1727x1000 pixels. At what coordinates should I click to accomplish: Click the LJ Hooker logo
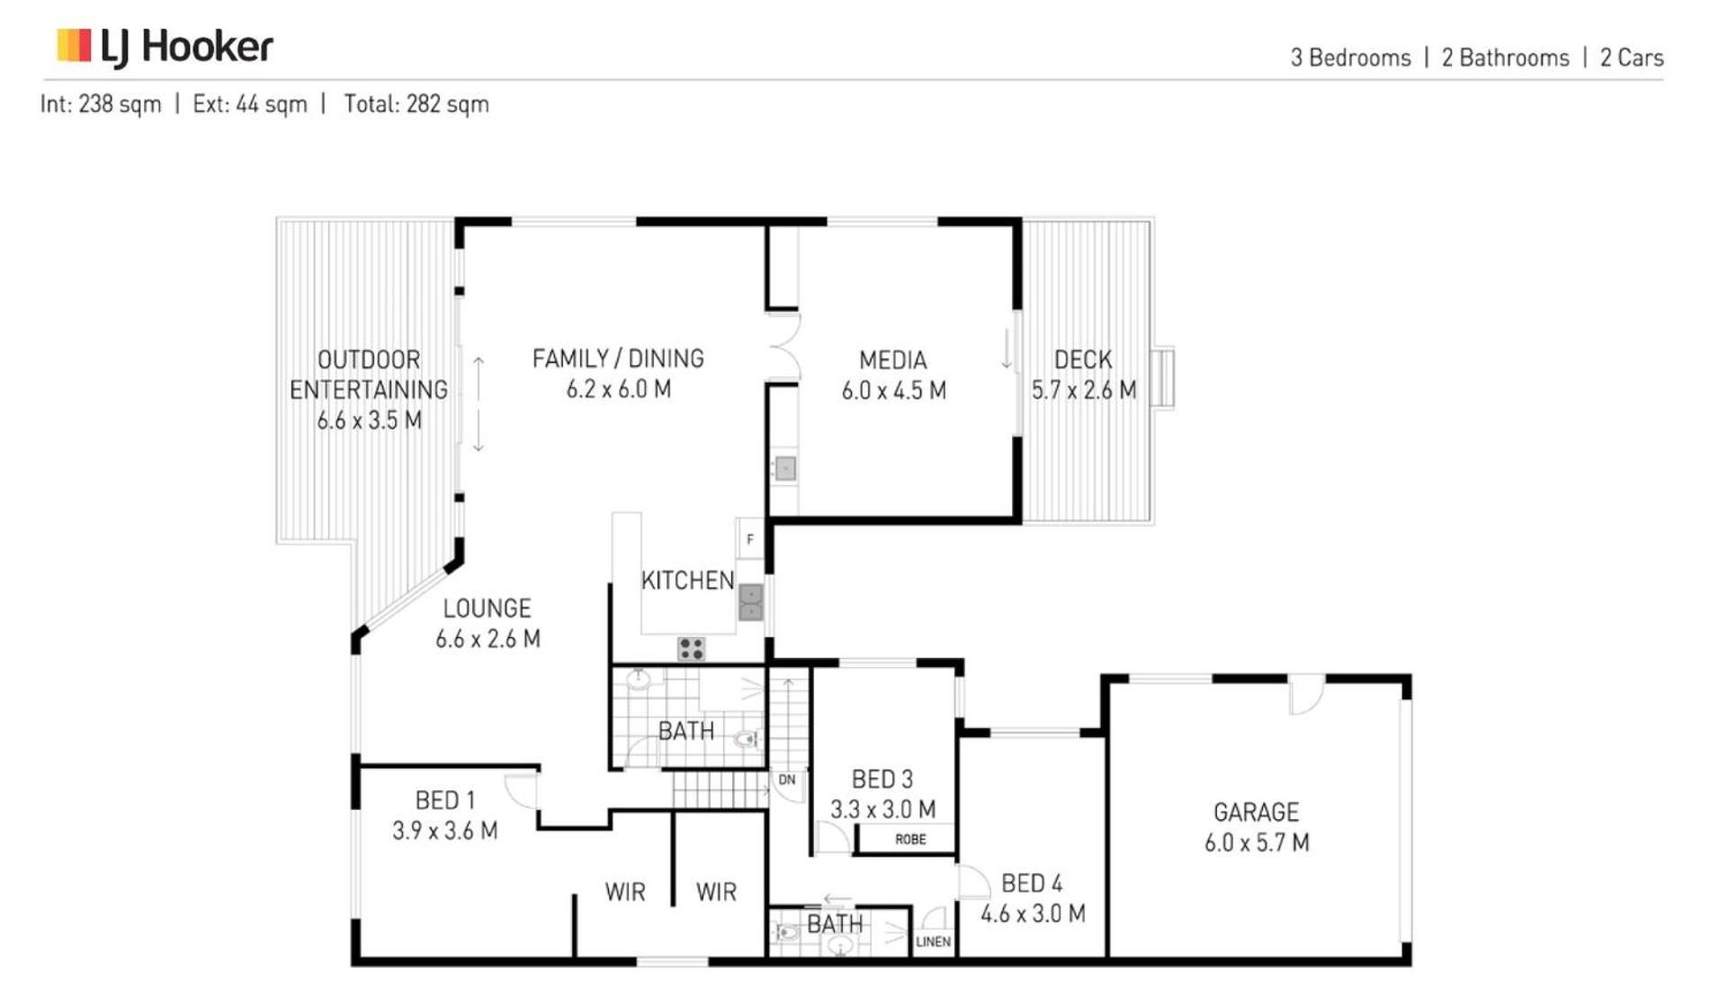tap(165, 47)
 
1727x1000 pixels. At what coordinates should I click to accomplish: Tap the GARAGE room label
tap(1256, 812)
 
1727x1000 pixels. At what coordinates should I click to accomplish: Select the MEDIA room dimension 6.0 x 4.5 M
tap(893, 391)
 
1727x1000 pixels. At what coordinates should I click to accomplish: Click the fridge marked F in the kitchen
tap(749, 539)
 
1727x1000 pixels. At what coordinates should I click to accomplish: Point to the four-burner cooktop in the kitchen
tap(691, 648)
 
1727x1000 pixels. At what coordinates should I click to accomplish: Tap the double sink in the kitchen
tap(751, 602)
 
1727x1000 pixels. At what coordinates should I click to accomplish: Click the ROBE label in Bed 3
tap(910, 839)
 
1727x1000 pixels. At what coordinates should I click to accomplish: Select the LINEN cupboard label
tap(933, 941)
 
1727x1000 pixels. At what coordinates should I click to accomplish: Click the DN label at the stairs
tap(787, 779)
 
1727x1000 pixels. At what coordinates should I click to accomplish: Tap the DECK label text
tap(1083, 360)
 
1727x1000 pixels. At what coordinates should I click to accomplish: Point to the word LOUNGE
tap(487, 608)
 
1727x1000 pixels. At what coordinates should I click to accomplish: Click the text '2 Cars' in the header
tap(1632, 58)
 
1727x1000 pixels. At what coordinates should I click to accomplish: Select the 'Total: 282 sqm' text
tap(416, 104)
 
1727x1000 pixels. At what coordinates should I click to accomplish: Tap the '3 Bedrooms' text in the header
tap(1350, 58)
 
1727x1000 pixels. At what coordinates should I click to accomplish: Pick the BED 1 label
tap(445, 800)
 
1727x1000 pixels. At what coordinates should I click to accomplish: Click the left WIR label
tap(625, 892)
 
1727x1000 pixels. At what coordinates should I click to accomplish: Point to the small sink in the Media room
tap(785, 468)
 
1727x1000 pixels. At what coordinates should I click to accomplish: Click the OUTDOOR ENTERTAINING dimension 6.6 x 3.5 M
tap(369, 420)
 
